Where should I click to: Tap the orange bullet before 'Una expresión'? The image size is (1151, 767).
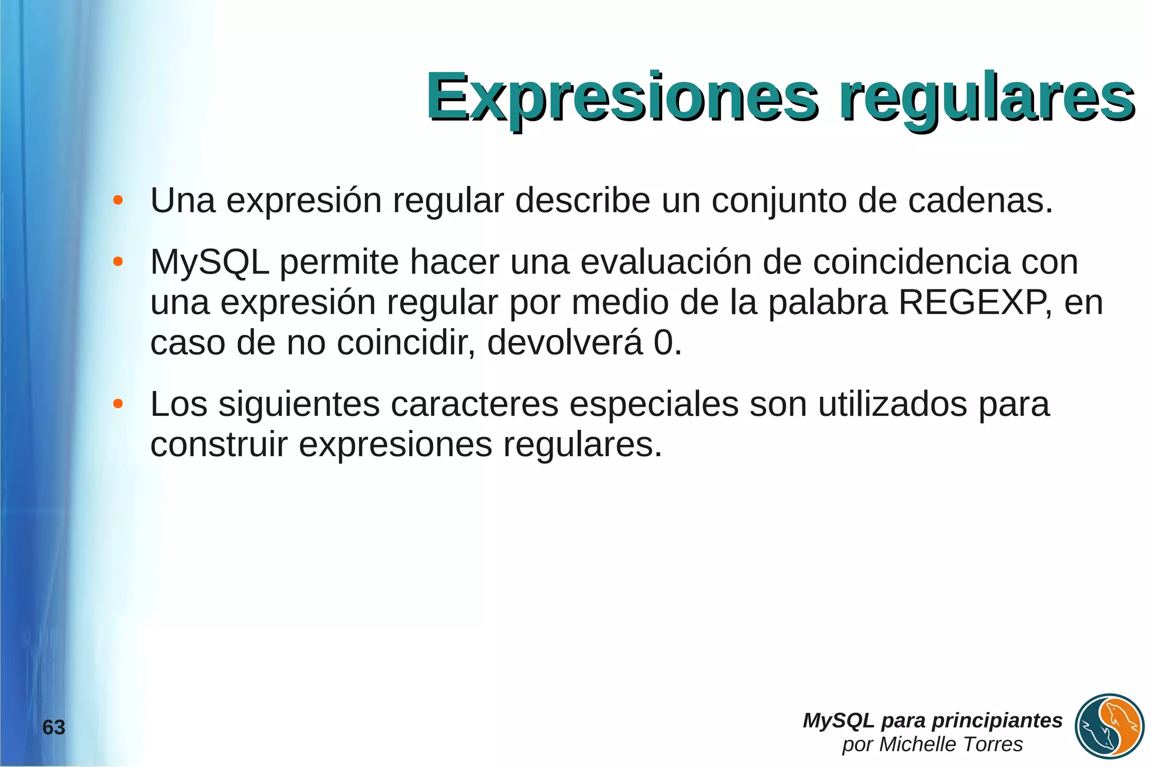click(x=117, y=201)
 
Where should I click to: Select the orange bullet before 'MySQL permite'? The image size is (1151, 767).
click(x=117, y=262)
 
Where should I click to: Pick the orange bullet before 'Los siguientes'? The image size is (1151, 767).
click(x=117, y=404)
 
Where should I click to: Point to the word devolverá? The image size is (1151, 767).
click(x=564, y=343)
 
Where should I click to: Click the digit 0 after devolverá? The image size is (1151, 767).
click(x=663, y=343)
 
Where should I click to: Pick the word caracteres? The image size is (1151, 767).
click(x=474, y=404)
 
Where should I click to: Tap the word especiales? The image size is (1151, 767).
click(x=654, y=404)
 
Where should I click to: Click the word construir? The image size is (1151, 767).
click(x=219, y=444)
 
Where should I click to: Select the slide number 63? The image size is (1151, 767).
click(x=54, y=728)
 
